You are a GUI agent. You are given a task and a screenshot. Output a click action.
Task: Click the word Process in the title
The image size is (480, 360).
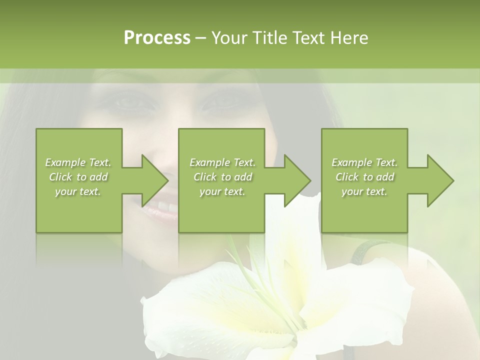[x=157, y=38]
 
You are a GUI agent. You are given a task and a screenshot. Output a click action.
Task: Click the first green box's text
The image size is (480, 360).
[x=78, y=177]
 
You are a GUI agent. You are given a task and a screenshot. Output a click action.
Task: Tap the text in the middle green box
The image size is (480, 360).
[x=222, y=177]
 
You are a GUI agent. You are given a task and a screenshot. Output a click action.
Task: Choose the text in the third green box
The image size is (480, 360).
[x=364, y=177]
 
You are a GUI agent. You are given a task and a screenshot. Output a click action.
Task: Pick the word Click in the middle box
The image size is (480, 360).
[x=204, y=177]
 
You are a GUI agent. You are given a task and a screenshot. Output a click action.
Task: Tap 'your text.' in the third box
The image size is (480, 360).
[x=364, y=191]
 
